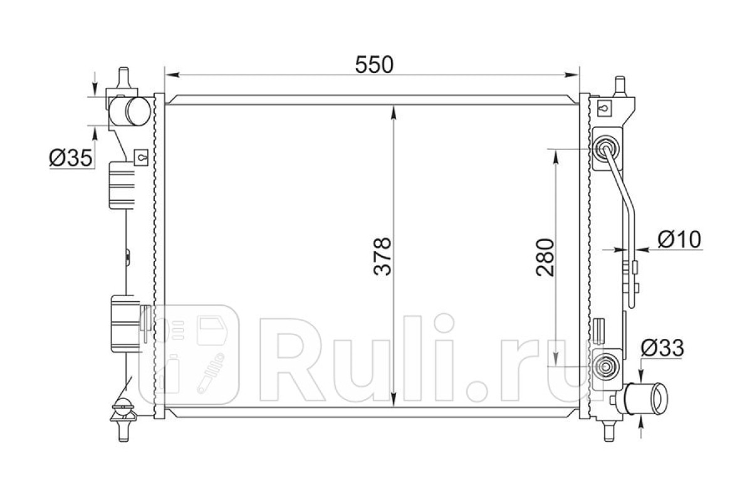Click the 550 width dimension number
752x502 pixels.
[x=374, y=65]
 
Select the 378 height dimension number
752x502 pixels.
[x=382, y=257]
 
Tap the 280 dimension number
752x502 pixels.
[x=545, y=257]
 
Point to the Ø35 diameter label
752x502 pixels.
[x=70, y=158]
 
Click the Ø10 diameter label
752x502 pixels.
[x=679, y=239]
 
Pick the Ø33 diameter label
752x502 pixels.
[x=662, y=348]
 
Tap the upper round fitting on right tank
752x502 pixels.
[x=607, y=148]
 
